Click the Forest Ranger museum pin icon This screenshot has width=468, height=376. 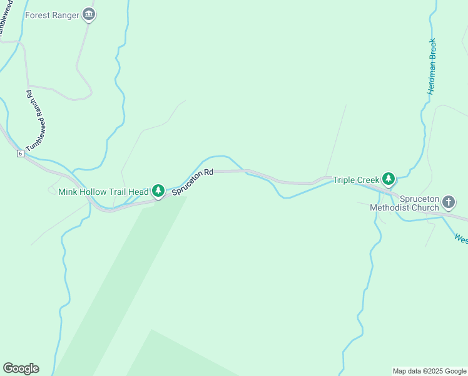(x=89, y=14)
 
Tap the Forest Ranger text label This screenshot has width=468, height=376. (x=53, y=14)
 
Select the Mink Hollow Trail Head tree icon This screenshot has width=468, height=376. (x=158, y=191)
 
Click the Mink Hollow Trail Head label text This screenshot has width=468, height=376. (x=103, y=191)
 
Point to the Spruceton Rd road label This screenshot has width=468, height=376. (x=193, y=181)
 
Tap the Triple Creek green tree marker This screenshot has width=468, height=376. (x=389, y=179)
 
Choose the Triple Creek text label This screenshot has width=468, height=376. (x=356, y=180)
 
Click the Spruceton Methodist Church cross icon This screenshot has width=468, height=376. (x=449, y=202)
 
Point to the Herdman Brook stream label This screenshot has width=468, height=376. (x=432, y=66)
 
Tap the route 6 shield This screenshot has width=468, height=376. (x=21, y=153)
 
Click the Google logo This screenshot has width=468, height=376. (x=21, y=368)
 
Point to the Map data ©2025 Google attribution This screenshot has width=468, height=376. (x=429, y=371)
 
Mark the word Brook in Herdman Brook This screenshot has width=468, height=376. (x=432, y=50)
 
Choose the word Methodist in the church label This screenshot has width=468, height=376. (x=389, y=207)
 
